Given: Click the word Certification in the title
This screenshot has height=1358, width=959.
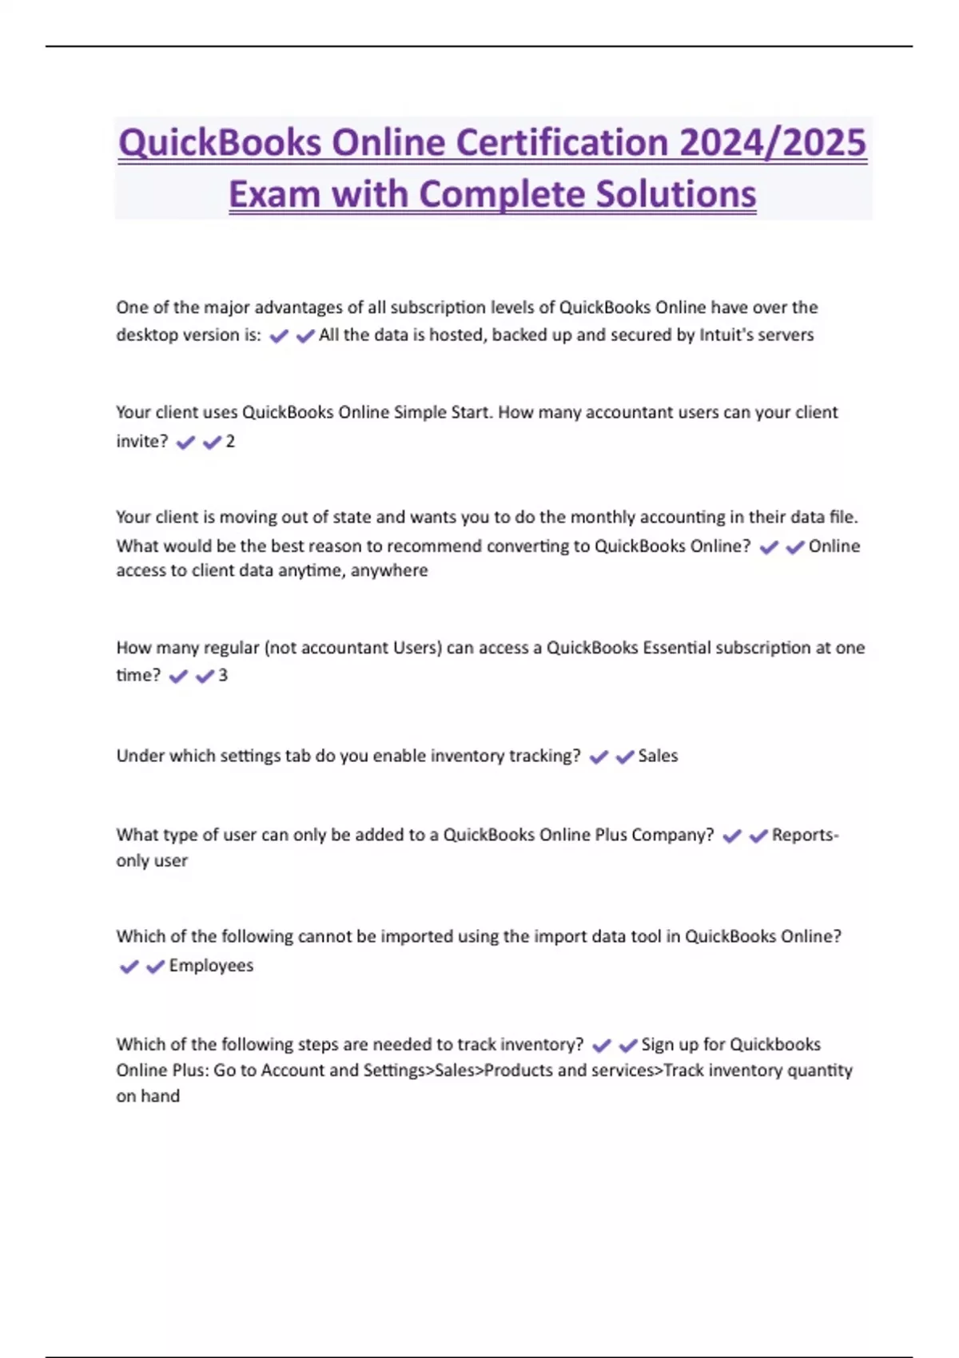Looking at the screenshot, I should (x=563, y=144).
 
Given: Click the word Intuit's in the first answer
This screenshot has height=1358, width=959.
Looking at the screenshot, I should (x=726, y=335).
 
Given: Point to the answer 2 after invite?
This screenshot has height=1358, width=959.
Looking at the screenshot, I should (x=230, y=442).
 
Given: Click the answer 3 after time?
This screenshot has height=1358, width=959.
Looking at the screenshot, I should (x=223, y=676).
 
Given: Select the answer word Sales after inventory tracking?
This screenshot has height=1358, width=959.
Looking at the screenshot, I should (x=658, y=756).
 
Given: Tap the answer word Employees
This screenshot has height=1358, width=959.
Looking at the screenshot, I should (x=211, y=966).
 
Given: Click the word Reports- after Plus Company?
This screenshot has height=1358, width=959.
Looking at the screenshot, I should (x=805, y=835).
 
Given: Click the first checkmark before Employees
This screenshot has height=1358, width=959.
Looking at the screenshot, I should (x=129, y=967).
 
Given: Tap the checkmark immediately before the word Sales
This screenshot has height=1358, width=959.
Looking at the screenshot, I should (x=625, y=756).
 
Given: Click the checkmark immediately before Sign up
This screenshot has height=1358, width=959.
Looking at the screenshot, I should (x=628, y=1045).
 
